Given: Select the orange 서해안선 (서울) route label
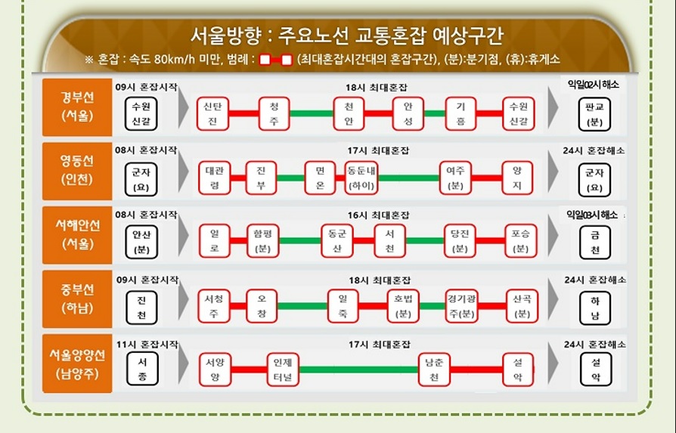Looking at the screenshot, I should (77, 234).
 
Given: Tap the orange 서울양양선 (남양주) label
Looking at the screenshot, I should (77, 363).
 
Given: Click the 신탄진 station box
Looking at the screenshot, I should (212, 113).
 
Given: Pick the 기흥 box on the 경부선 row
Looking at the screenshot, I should (460, 113).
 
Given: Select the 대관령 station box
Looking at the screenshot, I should (215, 178).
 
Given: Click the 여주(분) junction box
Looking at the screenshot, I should (455, 178).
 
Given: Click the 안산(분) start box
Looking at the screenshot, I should (141, 241).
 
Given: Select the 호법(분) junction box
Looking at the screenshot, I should (403, 305).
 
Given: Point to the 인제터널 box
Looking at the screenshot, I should (284, 369).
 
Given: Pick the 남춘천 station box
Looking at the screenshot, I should (435, 369).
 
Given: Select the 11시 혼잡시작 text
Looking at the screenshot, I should (147, 344).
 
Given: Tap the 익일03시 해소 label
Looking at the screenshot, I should (594, 215).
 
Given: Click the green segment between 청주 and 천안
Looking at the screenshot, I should (312, 113).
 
